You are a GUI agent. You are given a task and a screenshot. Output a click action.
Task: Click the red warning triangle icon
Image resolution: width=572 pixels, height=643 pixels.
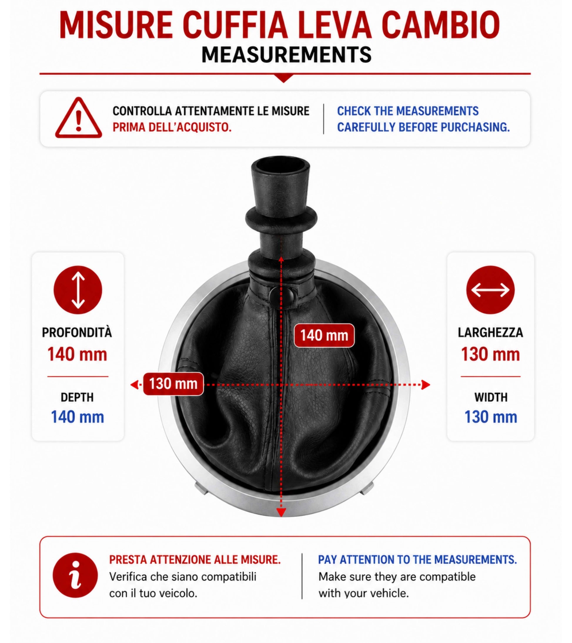pyautogui.click(x=78, y=118)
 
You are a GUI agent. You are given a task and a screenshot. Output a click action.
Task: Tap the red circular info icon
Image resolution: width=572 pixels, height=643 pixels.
pyautogui.click(x=75, y=575)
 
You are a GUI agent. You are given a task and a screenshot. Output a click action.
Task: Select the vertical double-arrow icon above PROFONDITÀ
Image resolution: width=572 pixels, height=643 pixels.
pyautogui.click(x=78, y=290)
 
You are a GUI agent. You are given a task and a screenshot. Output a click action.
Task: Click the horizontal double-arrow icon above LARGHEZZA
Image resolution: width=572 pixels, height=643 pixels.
pyautogui.click(x=490, y=290)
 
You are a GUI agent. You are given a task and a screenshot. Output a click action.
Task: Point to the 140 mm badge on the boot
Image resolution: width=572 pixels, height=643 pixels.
pyautogui.click(x=324, y=335)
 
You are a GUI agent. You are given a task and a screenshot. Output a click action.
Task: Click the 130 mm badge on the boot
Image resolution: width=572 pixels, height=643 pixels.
pyautogui.click(x=173, y=384)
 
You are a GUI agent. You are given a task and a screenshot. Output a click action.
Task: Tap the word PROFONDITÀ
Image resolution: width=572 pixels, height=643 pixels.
pyautogui.click(x=77, y=333)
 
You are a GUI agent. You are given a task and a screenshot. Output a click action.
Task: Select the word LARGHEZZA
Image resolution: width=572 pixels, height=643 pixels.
pyautogui.click(x=491, y=333)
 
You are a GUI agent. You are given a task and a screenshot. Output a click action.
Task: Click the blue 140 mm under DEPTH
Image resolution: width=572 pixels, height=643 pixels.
pyautogui.click(x=77, y=417)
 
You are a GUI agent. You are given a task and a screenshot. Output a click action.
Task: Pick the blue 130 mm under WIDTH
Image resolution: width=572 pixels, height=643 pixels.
pyautogui.click(x=491, y=417)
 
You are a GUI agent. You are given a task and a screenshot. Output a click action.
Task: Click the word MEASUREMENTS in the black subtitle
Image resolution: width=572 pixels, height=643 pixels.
pyautogui.click(x=287, y=55)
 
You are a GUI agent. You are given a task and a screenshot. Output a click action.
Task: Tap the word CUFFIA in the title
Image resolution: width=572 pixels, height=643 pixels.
pyautogui.click(x=235, y=25)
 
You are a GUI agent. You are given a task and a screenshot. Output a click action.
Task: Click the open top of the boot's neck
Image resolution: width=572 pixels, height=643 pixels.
pyautogui.click(x=280, y=164)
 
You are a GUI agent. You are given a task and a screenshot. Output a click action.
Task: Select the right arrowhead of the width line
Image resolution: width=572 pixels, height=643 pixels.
pyautogui.click(x=426, y=385)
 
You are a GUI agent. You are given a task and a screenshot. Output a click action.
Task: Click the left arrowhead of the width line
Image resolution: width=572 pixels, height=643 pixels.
pyautogui.click(x=135, y=385)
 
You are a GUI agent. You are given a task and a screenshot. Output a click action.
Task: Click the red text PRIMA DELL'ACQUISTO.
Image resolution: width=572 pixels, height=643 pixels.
pyautogui.click(x=172, y=127)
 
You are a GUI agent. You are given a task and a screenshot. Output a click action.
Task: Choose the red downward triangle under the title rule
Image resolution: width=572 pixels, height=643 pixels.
pyautogui.click(x=284, y=78)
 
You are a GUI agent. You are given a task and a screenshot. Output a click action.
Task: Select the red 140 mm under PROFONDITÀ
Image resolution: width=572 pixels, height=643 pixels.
pyautogui.click(x=77, y=354)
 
